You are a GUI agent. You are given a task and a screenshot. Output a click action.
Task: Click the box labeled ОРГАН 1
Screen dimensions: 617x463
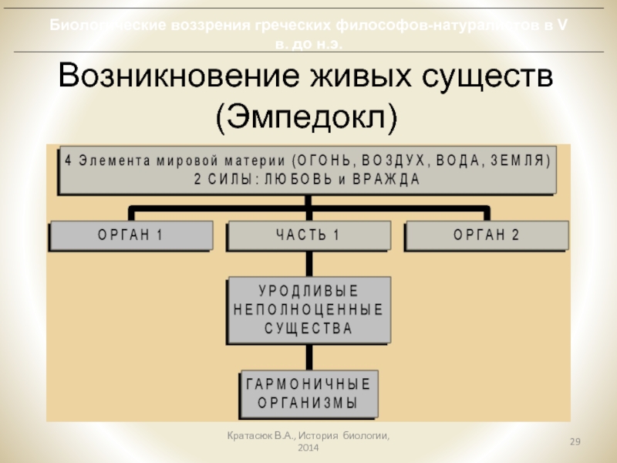pos(130,235)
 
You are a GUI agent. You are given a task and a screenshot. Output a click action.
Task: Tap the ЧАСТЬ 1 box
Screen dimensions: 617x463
pos(307,235)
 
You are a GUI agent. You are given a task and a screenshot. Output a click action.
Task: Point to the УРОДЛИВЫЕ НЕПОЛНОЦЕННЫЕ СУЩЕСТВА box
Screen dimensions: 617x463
pos(308,310)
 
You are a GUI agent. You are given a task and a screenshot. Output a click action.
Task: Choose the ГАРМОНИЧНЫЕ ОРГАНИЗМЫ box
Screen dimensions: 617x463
pos(307,394)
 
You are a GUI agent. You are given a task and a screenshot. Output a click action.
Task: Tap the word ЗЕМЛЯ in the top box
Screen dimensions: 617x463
pos(514,161)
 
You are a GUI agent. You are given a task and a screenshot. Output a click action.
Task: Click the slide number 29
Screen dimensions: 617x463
pos(575,441)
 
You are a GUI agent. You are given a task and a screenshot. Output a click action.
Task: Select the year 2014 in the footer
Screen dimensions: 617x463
pos(308,448)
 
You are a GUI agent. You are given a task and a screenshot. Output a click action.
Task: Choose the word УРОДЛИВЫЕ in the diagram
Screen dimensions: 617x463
pos(308,292)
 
